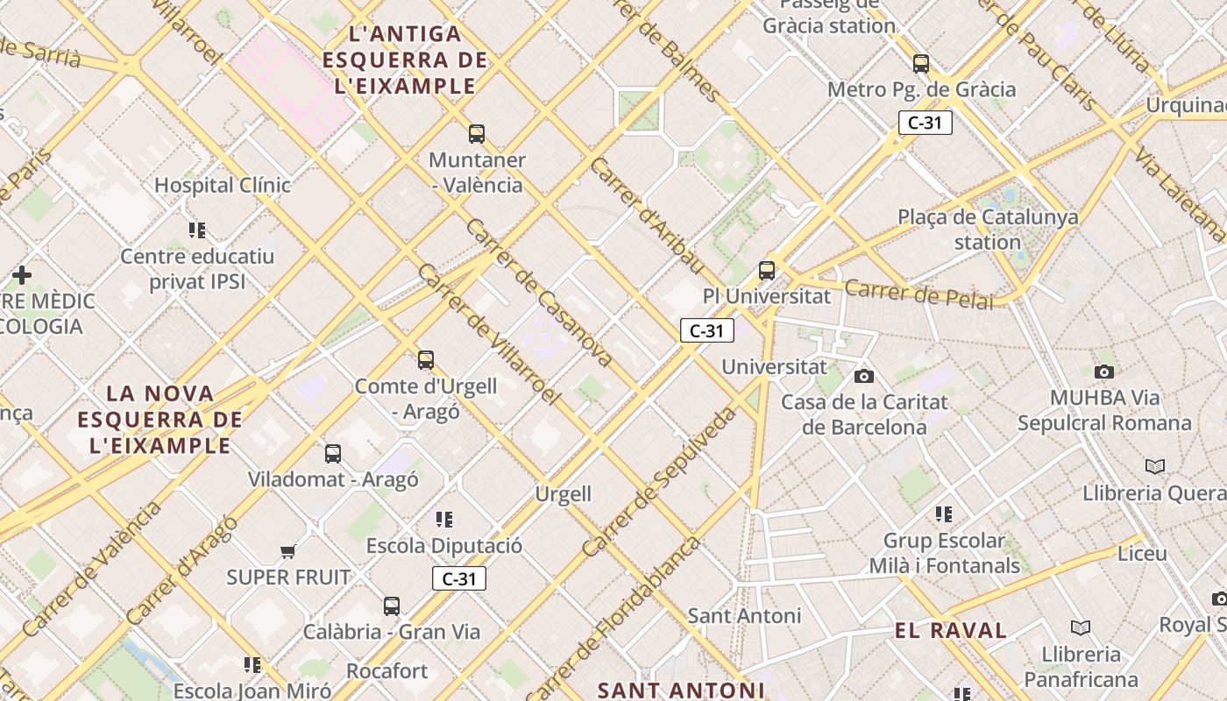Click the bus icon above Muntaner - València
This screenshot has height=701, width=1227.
[476, 134]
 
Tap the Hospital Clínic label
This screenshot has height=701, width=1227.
[223, 186]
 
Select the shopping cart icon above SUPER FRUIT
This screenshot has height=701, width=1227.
[287, 551]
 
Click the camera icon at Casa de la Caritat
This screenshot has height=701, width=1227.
[864, 376]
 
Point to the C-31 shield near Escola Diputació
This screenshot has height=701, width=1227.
[458, 578]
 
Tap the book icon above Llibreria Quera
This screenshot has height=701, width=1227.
[1155, 466]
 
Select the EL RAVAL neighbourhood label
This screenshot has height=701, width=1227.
[951, 630]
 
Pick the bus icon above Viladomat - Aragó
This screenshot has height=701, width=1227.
[333, 453]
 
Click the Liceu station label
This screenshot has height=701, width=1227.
[1142, 554]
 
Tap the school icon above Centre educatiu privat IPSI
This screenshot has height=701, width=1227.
[197, 230]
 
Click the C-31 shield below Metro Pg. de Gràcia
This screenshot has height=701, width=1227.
[925, 123]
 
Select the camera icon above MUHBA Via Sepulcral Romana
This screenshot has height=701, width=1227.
[1104, 372]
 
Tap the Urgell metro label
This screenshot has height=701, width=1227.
[564, 494]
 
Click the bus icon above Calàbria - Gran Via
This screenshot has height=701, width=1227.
[392, 605]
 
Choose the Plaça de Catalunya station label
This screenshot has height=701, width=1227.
[988, 229]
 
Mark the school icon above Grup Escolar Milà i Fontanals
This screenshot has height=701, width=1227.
[944, 513]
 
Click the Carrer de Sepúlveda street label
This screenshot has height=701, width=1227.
[660, 482]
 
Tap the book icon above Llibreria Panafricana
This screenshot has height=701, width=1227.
[1081, 627]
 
